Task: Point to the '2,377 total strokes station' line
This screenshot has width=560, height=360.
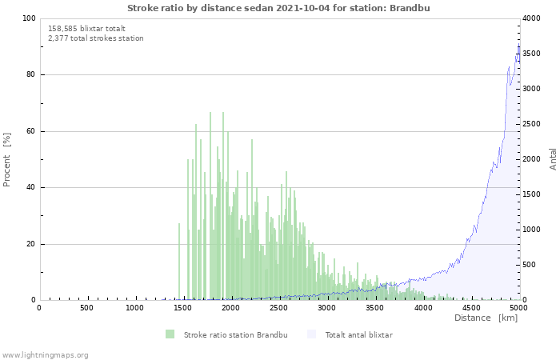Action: click(95, 38)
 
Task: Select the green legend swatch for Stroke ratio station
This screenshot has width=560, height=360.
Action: click(170, 334)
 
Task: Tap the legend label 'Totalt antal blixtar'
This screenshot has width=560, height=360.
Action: click(358, 334)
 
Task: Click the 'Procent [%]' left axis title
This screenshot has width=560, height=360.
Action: click(7, 160)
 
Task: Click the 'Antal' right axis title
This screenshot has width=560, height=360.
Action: click(553, 158)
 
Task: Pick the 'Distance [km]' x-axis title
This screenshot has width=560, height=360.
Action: click(486, 318)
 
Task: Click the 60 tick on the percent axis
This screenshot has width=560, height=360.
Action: click(31, 131)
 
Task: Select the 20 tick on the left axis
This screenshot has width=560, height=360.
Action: click(31, 244)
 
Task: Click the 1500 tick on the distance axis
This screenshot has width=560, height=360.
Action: click(182, 307)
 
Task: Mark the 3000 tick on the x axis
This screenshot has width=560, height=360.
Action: click(326, 307)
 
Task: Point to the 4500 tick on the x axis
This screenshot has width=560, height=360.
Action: click(470, 307)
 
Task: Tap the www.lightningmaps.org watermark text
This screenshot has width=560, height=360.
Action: click(45, 354)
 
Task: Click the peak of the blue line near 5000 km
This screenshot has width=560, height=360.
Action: click(518, 46)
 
